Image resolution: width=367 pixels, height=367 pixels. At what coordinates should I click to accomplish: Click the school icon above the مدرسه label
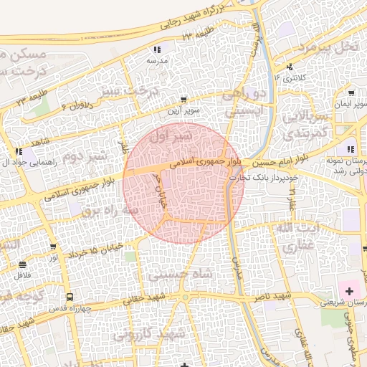coord(157,49)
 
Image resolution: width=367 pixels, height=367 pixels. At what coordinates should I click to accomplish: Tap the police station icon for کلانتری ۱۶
coord(290,67)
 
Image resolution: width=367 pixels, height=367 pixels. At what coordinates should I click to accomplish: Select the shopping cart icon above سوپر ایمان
coord(351,92)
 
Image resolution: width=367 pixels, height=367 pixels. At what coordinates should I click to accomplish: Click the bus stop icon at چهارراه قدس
coord(70,297)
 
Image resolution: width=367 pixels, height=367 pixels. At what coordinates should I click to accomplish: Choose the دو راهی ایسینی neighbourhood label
coord(246,103)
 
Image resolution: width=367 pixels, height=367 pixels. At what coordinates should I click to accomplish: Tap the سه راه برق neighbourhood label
coord(110,211)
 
